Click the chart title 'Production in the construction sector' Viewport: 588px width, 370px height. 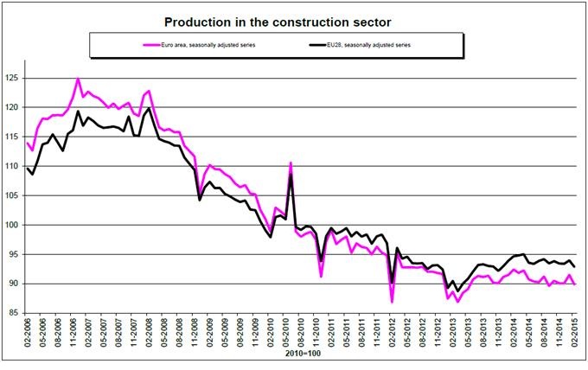[294, 18]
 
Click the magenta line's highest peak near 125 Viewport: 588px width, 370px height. [78, 79]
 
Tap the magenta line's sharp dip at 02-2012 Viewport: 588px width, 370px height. [391, 301]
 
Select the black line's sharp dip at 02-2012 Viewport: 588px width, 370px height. [392, 282]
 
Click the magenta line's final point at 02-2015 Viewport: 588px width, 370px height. [572, 284]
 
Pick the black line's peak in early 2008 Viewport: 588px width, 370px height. [149, 108]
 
